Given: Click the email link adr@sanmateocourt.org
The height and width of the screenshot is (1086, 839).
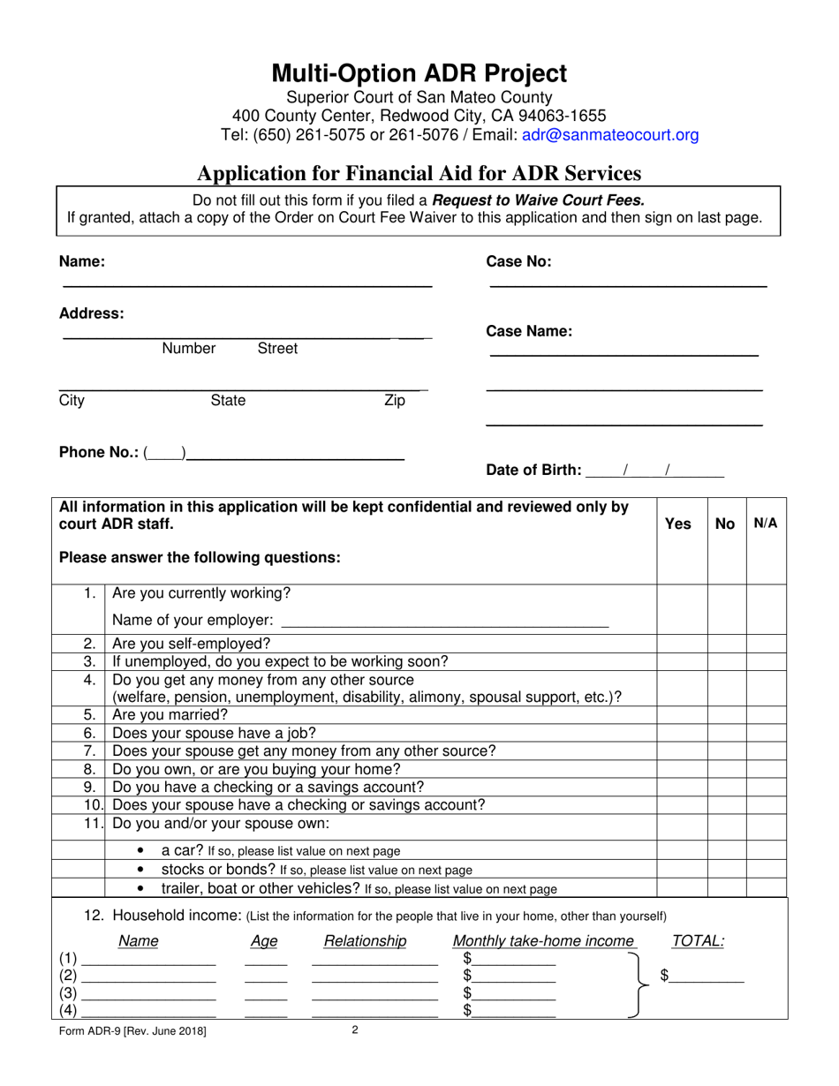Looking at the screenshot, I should click(x=610, y=135).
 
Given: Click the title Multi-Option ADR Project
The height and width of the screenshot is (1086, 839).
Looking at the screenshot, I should click(x=419, y=72).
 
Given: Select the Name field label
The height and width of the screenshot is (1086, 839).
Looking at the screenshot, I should click(x=82, y=261).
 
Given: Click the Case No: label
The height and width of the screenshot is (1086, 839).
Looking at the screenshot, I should click(x=519, y=261).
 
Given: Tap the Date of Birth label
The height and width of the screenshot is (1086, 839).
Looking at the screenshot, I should click(x=534, y=470).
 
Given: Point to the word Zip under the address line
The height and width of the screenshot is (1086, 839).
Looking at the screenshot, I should click(x=394, y=401).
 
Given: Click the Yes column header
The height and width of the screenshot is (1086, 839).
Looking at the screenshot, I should click(x=677, y=524).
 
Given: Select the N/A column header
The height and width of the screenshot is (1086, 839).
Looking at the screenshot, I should click(x=766, y=524).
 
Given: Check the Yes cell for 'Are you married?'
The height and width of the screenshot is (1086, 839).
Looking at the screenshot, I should click(x=682, y=715).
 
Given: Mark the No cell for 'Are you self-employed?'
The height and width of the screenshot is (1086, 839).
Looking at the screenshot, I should click(x=727, y=644).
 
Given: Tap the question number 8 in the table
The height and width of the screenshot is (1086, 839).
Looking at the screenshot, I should click(x=89, y=769).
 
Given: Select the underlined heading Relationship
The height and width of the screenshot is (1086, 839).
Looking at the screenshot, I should click(x=366, y=941).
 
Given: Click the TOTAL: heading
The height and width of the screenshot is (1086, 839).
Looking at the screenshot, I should click(x=698, y=941).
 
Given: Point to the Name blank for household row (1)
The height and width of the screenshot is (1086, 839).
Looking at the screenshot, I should click(x=149, y=960).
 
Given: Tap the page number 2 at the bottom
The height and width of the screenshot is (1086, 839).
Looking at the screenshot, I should click(x=354, y=1029).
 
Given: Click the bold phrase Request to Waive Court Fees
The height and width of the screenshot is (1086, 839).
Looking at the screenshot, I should click(x=539, y=200).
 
